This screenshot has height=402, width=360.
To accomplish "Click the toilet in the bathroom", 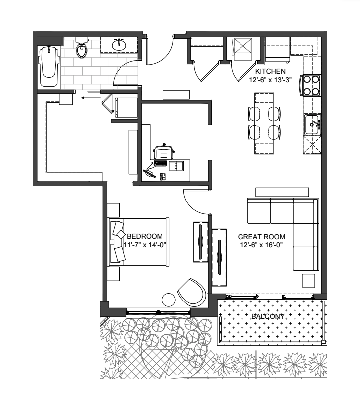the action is [82, 48].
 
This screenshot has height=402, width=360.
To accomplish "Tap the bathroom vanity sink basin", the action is [119, 45].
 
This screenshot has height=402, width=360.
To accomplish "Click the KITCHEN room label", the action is [270, 71].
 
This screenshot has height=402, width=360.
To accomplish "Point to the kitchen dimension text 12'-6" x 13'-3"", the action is [271, 80].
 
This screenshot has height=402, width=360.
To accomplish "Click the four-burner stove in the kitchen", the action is [312, 85].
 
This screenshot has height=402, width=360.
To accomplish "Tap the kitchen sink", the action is [312, 125].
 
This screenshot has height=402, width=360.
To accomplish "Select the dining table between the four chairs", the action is [264, 123].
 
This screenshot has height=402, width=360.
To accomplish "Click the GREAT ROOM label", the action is [261, 237].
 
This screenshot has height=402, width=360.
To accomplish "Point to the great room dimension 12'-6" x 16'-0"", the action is [261, 245].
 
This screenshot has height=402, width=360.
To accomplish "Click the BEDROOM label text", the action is [145, 236].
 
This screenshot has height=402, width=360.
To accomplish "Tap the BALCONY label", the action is [268, 317].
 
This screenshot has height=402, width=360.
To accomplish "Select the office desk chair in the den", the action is [164, 152].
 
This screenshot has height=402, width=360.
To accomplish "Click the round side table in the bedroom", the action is [169, 300].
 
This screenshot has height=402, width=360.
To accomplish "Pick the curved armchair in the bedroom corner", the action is [192, 293].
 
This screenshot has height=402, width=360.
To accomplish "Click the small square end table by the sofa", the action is [308, 280].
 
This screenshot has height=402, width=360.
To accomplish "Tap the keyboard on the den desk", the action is [160, 163].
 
